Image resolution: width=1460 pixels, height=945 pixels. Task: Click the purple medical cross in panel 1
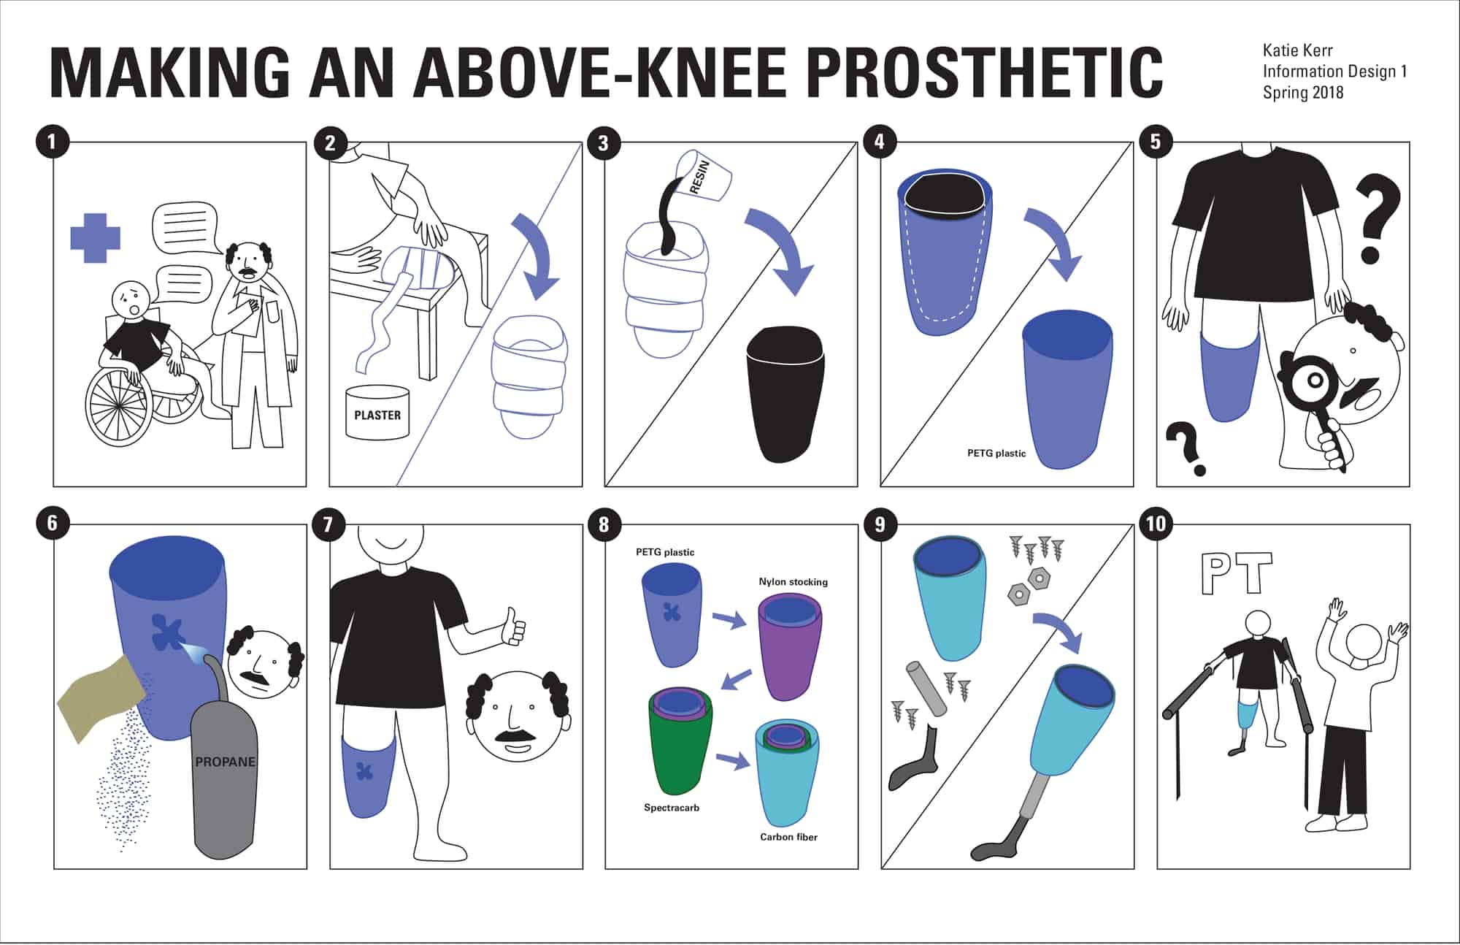(95, 238)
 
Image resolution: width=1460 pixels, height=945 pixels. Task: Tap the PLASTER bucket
(377, 413)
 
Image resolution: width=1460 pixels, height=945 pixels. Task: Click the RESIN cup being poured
(705, 175)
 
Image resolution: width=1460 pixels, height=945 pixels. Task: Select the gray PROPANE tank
(225, 781)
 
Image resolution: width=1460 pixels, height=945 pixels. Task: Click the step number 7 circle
(327, 524)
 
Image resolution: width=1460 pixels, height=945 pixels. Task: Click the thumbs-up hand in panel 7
(515, 627)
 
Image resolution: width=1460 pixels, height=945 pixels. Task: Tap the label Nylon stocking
(793, 582)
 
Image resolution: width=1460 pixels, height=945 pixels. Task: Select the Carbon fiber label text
(788, 837)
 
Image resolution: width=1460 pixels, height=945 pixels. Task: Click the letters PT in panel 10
(1237, 573)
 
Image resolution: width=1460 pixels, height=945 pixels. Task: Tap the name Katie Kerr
(1297, 50)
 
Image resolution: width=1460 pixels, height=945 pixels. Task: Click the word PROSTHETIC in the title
(985, 72)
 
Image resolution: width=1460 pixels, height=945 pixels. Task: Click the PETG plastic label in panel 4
(996, 454)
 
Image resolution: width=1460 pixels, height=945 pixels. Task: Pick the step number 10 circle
(1156, 524)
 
